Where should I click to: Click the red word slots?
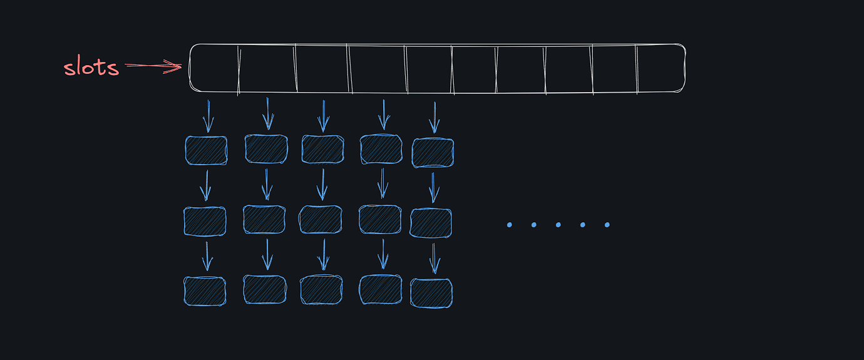[x=91, y=66]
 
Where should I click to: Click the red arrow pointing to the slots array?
[x=153, y=66]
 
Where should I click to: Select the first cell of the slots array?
[x=213, y=68]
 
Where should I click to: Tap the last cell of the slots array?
[x=661, y=68]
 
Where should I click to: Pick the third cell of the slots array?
[x=322, y=68]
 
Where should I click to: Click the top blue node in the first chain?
[x=206, y=150]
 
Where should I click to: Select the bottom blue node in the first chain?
[x=205, y=291]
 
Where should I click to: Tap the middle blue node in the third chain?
[x=320, y=220]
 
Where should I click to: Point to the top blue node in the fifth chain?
[x=433, y=153]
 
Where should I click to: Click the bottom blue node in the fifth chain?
[x=431, y=293]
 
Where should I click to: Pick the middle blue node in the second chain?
[x=264, y=220]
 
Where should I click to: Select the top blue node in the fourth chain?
[x=381, y=149]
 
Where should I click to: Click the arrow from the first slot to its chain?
[x=208, y=116]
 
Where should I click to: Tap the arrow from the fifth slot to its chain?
[x=435, y=118]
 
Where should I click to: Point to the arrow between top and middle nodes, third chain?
[x=322, y=185]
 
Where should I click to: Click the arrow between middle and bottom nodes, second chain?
[x=267, y=254]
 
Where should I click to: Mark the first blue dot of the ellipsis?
[x=510, y=225]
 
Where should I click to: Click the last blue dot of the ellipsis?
[x=607, y=225]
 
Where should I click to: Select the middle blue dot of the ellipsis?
[x=558, y=225]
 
